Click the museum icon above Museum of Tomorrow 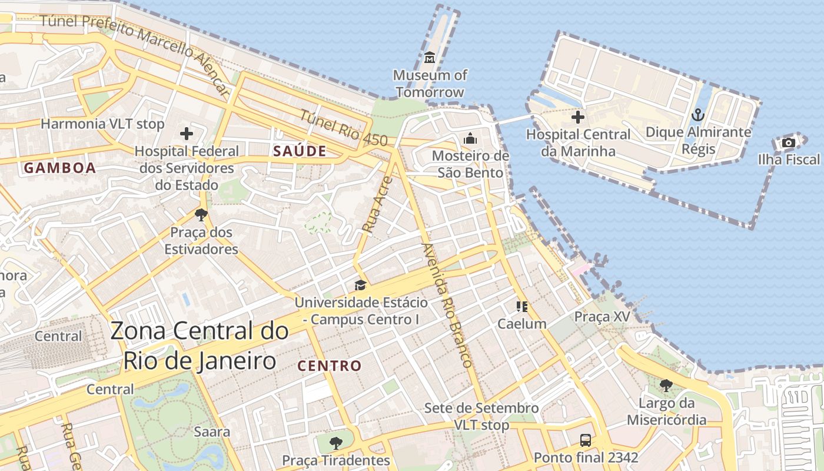(x=430, y=58)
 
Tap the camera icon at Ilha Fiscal (x=789, y=142)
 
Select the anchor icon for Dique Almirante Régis (x=698, y=115)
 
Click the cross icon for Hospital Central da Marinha (x=578, y=117)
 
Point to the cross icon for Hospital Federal (x=187, y=134)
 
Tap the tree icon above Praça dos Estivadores (x=201, y=215)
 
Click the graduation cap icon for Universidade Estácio (x=360, y=286)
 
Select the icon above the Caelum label (x=521, y=307)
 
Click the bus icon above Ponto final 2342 (x=585, y=440)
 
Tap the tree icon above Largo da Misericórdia (x=666, y=386)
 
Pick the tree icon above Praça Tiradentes (x=335, y=443)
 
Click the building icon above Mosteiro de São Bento (x=470, y=139)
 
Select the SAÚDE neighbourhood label (x=300, y=151)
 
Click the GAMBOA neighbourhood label (x=59, y=168)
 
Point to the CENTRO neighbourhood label (x=330, y=366)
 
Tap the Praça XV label (x=602, y=317)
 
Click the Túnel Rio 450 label (x=344, y=128)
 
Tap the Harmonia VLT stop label (x=102, y=124)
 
